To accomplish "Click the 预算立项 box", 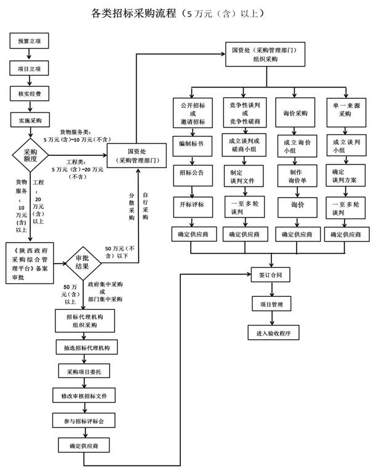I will pos(29,42).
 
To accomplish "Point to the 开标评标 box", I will pos(192,204).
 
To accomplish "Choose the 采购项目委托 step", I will pos(84,371).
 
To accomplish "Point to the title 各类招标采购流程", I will pos(133,13).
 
